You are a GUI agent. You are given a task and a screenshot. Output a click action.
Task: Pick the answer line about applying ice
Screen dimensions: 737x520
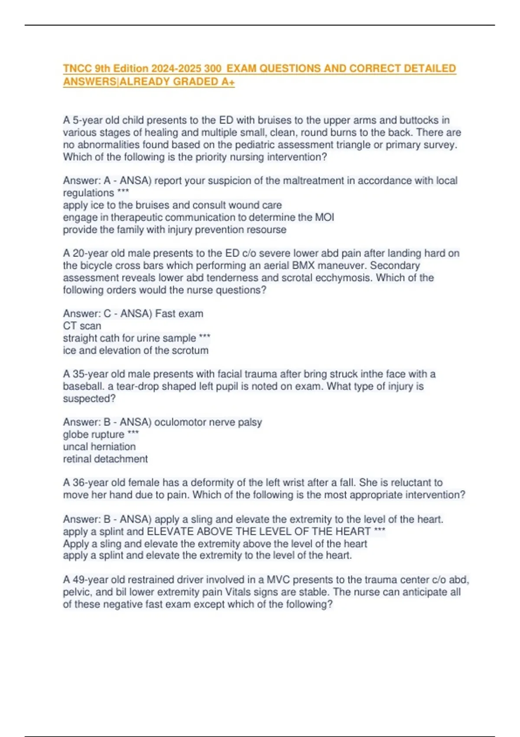pos(172,205)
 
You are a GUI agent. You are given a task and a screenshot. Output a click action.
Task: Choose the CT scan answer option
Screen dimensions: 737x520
pos(82,326)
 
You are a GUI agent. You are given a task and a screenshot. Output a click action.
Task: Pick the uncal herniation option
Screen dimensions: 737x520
pos(99,447)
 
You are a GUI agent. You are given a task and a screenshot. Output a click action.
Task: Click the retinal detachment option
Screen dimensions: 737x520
pos(105,459)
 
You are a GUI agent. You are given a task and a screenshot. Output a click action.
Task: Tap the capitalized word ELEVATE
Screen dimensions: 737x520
pos(170,532)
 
